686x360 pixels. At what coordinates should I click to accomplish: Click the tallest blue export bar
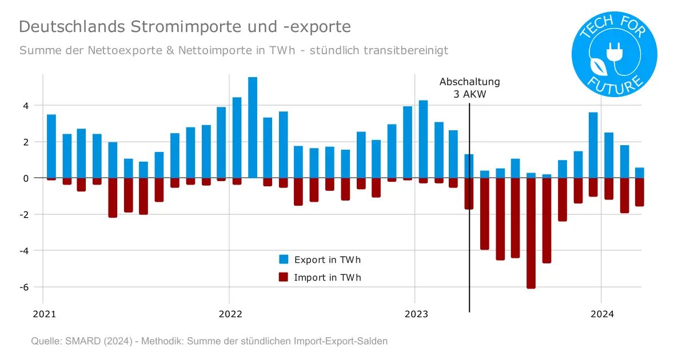(253, 127)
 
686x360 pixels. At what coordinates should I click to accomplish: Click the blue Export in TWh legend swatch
(284, 259)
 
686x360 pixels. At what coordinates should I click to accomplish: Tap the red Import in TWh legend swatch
(284, 278)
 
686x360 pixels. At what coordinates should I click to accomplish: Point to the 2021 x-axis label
(45, 314)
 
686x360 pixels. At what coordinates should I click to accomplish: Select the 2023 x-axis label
(416, 314)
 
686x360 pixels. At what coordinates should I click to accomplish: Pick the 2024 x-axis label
(602, 314)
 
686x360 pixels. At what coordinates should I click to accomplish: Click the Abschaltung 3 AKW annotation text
(469, 88)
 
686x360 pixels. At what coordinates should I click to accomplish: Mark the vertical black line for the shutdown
(469, 257)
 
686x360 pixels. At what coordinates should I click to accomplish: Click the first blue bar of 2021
(51, 146)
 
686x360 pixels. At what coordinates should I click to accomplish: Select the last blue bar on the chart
(639, 173)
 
